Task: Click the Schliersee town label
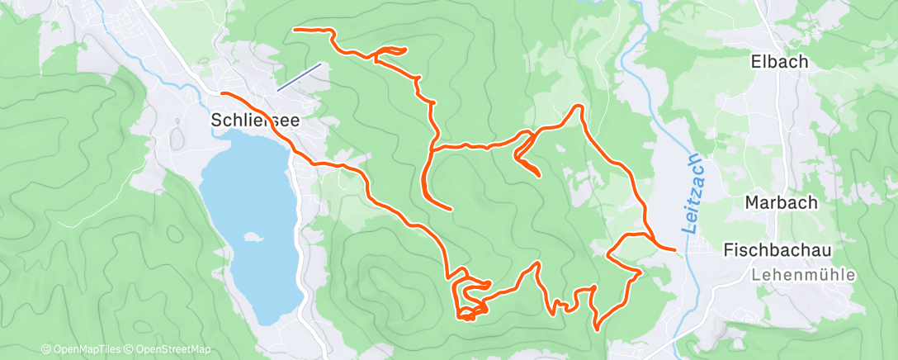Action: click(255, 119)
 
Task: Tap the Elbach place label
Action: click(778, 61)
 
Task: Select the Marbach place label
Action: click(781, 202)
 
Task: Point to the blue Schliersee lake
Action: click(248, 198)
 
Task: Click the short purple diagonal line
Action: click(298, 78)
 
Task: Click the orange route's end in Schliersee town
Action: click(222, 93)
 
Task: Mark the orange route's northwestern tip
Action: click(295, 30)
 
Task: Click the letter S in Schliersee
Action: click(217, 119)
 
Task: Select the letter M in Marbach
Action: click(752, 202)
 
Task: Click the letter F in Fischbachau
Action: click(728, 249)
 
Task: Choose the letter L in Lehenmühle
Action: click(755, 275)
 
